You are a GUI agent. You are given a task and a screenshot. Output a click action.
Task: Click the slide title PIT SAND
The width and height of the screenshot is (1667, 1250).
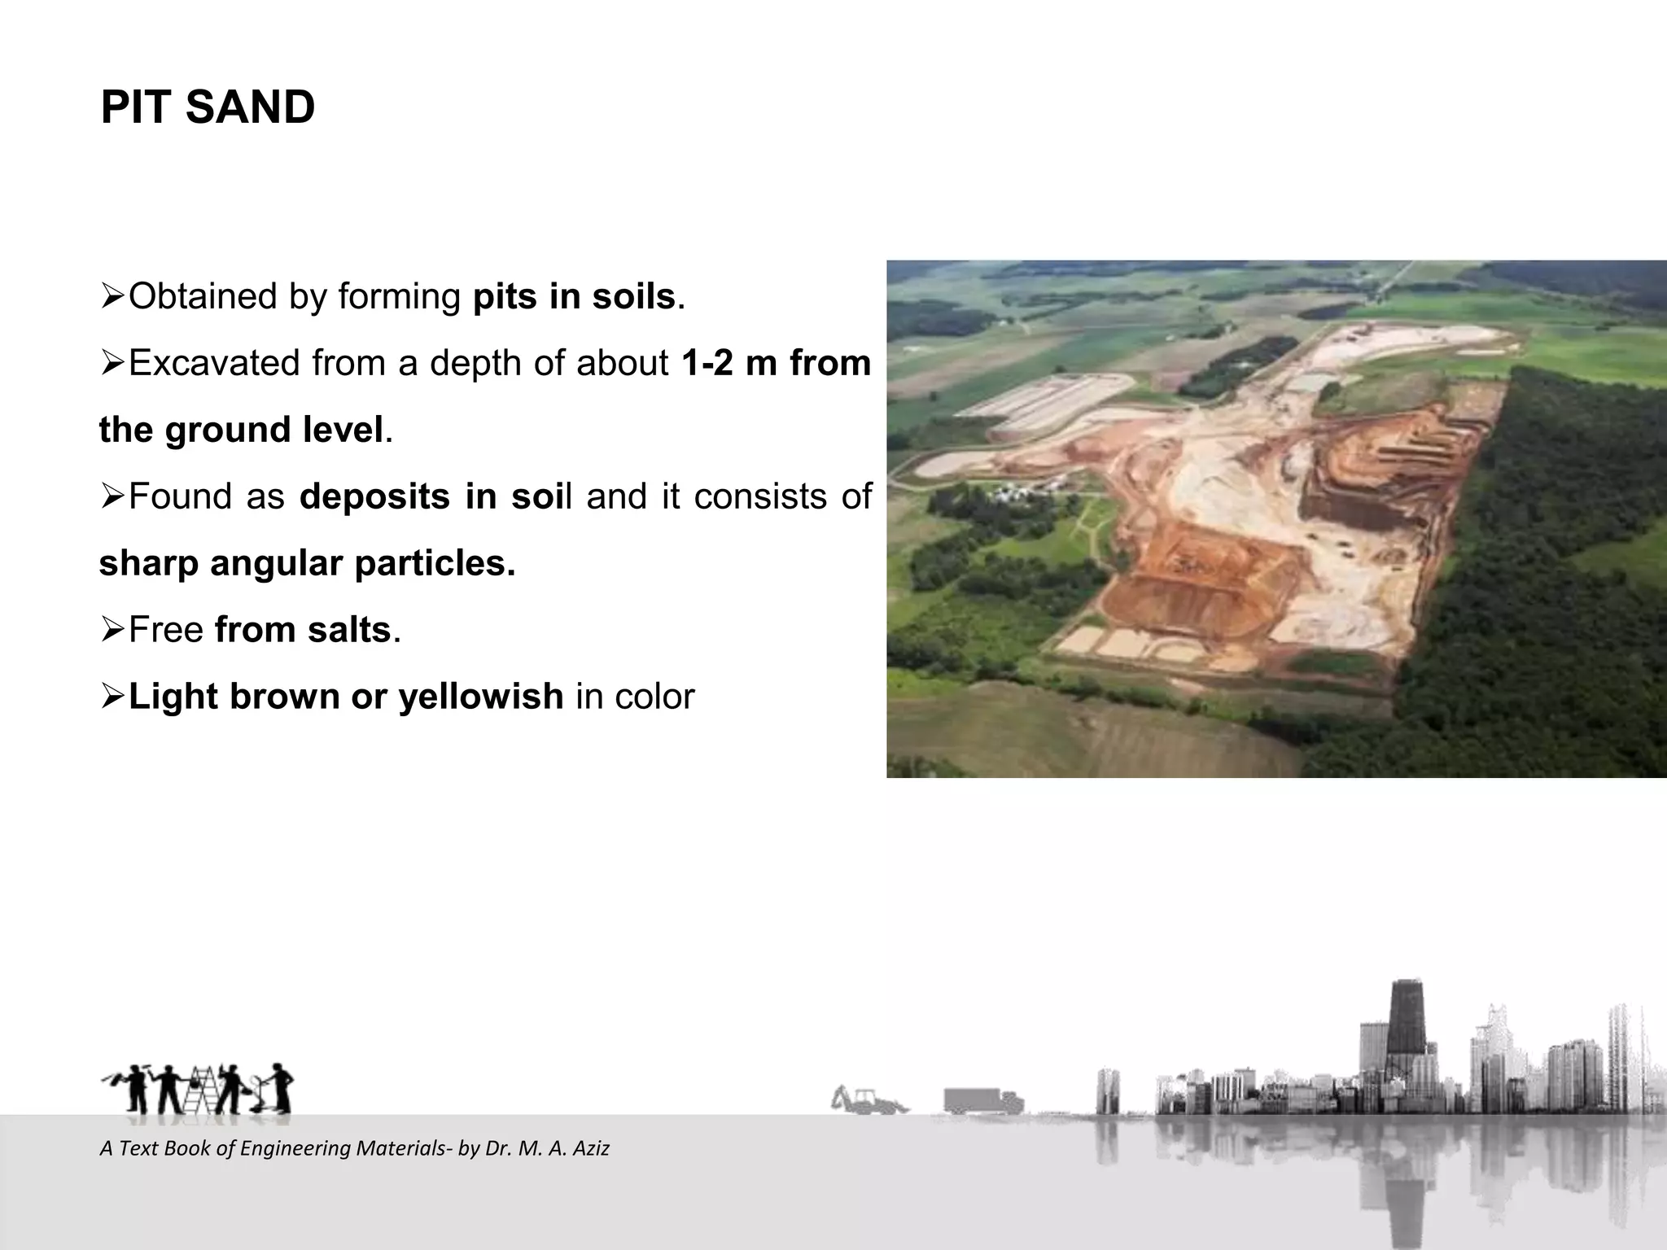[x=208, y=107]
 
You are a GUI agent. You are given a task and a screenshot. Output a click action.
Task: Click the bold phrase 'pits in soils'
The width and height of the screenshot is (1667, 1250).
[x=574, y=296]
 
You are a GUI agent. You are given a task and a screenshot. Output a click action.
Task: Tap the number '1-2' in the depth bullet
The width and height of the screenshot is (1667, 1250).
[x=706, y=363]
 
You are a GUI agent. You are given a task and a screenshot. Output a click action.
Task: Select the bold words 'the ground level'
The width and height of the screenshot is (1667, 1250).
[x=241, y=430]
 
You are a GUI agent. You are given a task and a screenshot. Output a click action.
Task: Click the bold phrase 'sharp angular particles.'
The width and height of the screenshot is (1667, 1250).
[x=307, y=563]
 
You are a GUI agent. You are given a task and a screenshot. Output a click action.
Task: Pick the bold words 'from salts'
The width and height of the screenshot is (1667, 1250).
[x=303, y=630]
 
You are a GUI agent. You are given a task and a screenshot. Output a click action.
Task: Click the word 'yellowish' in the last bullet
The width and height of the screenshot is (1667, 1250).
[x=480, y=697]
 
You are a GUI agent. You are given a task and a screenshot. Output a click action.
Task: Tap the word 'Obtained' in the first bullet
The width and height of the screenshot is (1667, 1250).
[x=203, y=296]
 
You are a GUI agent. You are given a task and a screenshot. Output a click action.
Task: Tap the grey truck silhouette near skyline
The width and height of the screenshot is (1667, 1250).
[x=982, y=1101]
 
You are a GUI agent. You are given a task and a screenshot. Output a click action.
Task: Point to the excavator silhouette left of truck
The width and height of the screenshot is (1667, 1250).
[x=868, y=1100]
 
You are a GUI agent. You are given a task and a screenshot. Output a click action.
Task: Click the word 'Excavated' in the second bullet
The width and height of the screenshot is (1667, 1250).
[x=215, y=363]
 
